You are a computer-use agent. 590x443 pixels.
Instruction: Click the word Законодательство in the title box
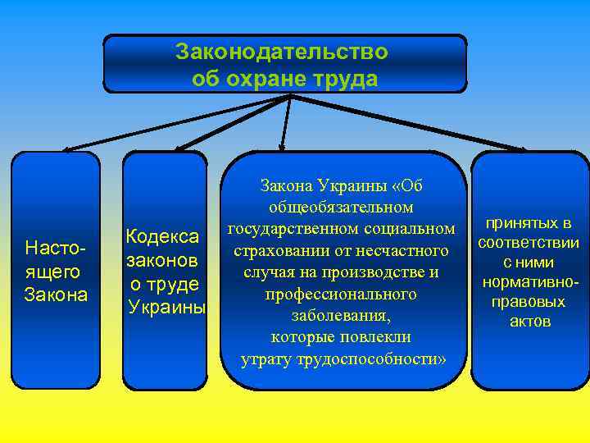[282, 53]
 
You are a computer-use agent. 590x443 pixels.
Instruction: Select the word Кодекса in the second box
[161, 237]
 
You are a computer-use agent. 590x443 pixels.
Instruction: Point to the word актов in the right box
[530, 322]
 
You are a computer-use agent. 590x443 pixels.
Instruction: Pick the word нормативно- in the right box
[530, 282]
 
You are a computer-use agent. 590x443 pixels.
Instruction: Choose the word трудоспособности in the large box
[372, 359]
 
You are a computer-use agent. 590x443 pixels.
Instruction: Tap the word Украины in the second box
[167, 307]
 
